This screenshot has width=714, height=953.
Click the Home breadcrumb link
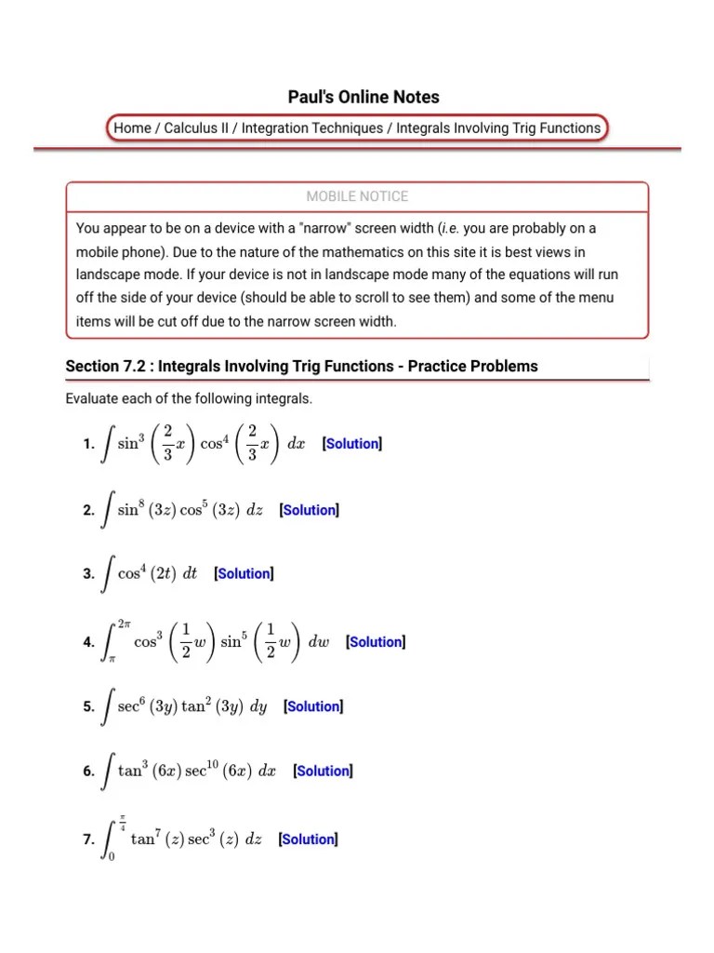132,128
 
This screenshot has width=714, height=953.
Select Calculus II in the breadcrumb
196,128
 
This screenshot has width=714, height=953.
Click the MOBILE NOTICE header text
357,196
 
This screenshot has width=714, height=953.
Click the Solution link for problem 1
352,444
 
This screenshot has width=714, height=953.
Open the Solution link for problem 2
310,510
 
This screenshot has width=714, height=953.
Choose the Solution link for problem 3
245,574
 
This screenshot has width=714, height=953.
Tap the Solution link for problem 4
376,642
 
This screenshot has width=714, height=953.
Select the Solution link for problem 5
313,706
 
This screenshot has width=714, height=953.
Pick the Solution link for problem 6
323,771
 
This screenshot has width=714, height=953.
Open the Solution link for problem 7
309,839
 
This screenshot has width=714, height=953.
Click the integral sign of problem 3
108,574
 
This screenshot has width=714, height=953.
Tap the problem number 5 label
87,707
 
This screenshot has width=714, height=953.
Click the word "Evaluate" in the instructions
93,399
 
